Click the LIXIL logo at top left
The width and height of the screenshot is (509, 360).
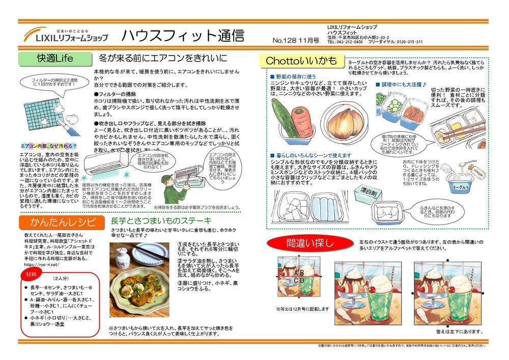pyautogui.click(x=66, y=35)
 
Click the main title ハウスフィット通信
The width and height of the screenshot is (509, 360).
pyautogui.click(x=182, y=36)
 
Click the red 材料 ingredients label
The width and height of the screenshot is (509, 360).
pyautogui.click(x=32, y=274)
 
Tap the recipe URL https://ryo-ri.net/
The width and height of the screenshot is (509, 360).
pyautogui.click(x=42, y=265)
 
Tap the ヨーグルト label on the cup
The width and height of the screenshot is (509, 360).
pyautogui.click(x=460, y=187)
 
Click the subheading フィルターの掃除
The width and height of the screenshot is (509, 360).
pyautogui.click(x=115, y=95)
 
